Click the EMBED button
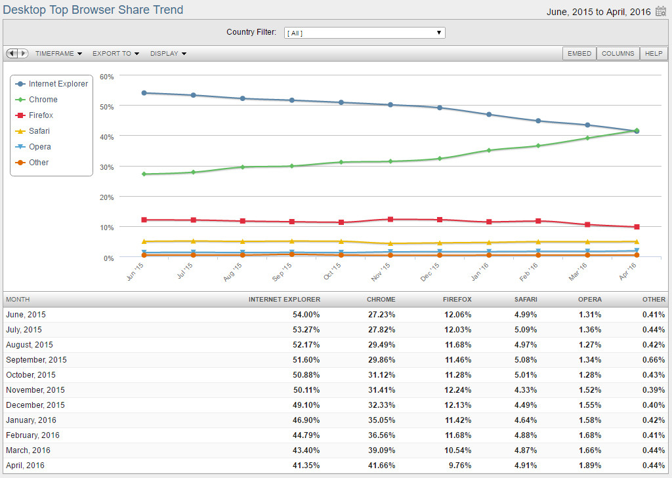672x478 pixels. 579,54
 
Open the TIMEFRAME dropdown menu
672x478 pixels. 58,54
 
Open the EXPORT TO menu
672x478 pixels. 115,54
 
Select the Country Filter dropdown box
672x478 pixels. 364,33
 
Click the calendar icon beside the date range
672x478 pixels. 661,11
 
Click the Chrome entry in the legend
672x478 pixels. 43,100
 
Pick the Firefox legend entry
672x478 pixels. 41,115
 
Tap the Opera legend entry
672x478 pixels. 39,147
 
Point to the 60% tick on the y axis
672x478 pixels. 107,76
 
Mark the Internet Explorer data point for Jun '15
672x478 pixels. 144,92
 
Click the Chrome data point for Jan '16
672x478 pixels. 489,150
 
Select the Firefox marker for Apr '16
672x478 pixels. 637,227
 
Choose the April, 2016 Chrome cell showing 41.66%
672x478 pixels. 381,466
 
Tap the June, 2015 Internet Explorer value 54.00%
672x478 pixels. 306,315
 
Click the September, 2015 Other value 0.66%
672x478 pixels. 654,360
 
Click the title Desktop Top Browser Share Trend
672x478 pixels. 93,10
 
